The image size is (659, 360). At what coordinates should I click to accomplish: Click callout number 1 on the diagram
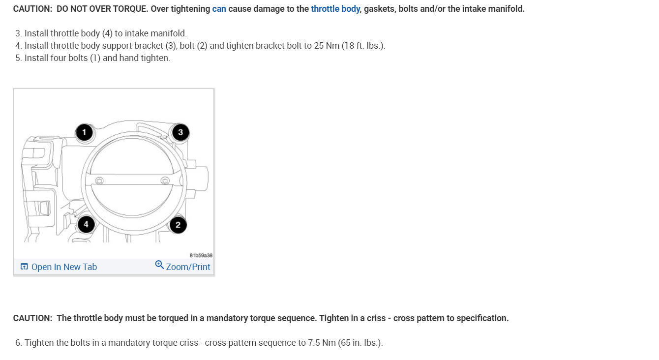coord(84,132)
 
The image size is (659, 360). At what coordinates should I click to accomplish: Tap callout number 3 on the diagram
coord(180,132)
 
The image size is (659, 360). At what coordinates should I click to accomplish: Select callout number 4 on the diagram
coord(86,225)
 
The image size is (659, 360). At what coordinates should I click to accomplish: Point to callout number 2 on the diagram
coord(178,225)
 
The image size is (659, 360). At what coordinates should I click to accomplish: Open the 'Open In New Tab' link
coord(64,267)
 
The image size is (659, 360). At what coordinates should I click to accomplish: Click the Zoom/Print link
coord(188,267)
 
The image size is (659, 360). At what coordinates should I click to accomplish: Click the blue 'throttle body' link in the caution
coord(335,9)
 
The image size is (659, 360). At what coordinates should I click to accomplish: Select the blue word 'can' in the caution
coord(219,9)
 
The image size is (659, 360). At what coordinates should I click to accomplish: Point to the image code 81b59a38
coord(201,255)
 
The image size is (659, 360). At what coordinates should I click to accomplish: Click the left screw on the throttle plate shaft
coord(100,180)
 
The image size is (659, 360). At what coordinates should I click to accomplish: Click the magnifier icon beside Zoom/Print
coord(159,265)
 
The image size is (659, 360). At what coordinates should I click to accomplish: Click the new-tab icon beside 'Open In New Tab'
coord(24,267)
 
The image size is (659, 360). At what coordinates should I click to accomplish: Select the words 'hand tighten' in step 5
coord(145,58)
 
